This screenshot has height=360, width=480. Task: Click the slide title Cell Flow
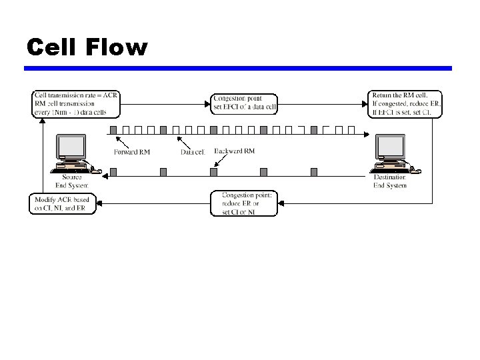tap(87, 47)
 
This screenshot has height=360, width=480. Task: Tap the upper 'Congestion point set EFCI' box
tap(245, 103)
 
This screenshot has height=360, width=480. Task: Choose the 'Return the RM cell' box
tap(405, 103)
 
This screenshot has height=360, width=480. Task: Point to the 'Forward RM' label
tap(132, 152)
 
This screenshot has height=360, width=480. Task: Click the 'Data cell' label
tap(193, 152)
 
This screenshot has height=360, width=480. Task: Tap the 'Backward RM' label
tap(235, 151)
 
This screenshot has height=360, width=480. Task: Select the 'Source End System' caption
tap(71, 181)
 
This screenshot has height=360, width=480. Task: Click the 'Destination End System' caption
tap(390, 181)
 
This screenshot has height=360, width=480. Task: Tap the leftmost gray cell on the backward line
tap(113, 172)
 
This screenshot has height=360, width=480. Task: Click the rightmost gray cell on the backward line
tap(314, 172)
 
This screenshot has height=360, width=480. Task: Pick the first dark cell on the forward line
tap(113, 129)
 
